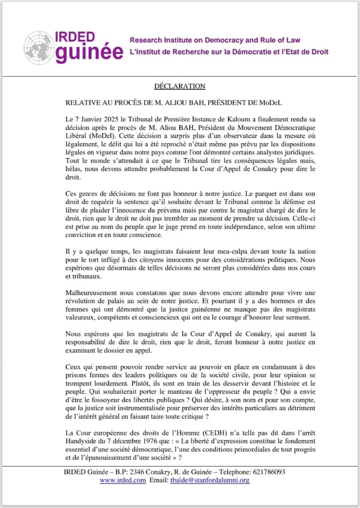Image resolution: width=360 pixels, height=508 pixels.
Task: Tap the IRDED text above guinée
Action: click(x=75, y=37)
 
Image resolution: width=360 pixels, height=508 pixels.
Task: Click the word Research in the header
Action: click(x=147, y=40)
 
